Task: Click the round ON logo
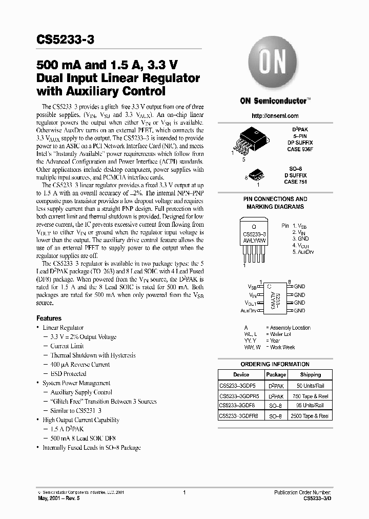pyautogui.click(x=274, y=63)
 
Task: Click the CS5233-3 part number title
pyautogui.click(x=65, y=39)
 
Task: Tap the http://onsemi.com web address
pyautogui.click(x=275, y=116)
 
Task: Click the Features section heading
pyautogui.click(x=49, y=318)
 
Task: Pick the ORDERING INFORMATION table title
pyautogui.click(x=275, y=364)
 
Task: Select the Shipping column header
pyautogui.click(x=310, y=375)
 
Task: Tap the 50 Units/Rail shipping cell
pyautogui.click(x=310, y=385)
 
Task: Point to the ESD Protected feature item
pyautogui.click(x=68, y=374)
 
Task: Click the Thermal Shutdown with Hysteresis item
pyautogui.click(x=93, y=355)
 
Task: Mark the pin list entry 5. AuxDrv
pyautogui.click(x=303, y=252)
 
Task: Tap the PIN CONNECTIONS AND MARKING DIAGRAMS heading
pyautogui.click(x=275, y=203)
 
